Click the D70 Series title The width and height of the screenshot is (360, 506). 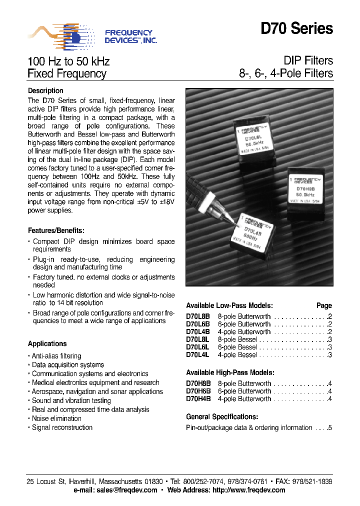pyautogui.click(x=296, y=29)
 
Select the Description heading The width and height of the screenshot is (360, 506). pyautogui.click(x=45, y=90)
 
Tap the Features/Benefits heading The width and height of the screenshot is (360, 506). pyautogui.click(x=56, y=230)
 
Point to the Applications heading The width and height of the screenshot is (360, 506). pyautogui.click(x=47, y=343)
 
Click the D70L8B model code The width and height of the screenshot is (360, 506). pyautogui.click(x=198, y=316)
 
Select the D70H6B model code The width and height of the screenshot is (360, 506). pyautogui.click(x=198, y=391)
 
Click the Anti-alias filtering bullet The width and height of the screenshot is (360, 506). pyautogui.click(x=56, y=356)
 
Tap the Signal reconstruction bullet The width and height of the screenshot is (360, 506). pyautogui.click(x=62, y=427)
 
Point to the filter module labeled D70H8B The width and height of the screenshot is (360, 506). pyautogui.click(x=308, y=192)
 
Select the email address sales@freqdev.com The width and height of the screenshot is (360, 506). pyautogui.click(x=127, y=490)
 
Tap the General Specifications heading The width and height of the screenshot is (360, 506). pyautogui.click(x=222, y=416)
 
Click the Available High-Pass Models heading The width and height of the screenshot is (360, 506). pyautogui.click(x=230, y=372)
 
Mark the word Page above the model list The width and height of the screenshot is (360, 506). pyautogui.click(x=324, y=305)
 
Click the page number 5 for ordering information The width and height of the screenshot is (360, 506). pyautogui.click(x=330, y=427)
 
